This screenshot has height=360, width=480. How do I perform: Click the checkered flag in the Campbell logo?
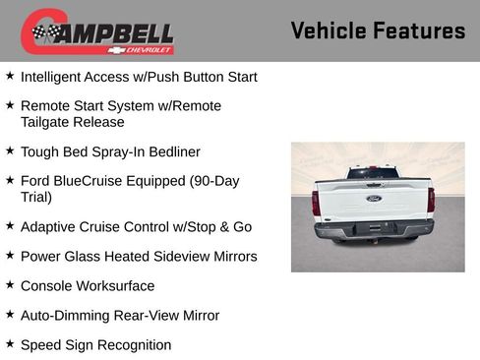pos(45,33)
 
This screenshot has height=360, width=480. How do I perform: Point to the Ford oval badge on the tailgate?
pos(374,198)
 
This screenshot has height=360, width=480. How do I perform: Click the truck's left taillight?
pos(316,202)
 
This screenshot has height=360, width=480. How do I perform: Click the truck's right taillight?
pos(431,200)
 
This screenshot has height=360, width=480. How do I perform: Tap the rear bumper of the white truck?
pos(374,229)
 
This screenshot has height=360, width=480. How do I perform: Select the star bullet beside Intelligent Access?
pos(10,75)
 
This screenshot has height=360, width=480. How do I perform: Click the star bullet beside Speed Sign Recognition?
pos(10,344)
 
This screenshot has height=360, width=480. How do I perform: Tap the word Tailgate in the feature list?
pos(47,122)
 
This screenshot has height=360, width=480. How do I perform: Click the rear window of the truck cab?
pos(373,173)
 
